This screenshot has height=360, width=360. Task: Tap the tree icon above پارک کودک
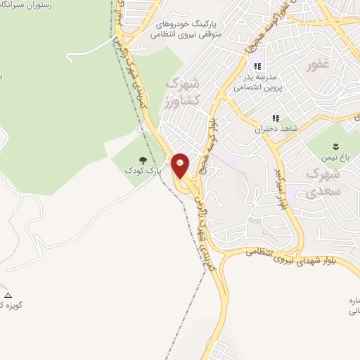pyautogui.click(x=143, y=161)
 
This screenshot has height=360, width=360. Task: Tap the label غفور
pyautogui.click(x=318, y=67)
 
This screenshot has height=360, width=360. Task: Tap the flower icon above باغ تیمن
pyautogui.click(x=335, y=147)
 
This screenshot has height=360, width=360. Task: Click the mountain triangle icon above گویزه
pyautogui.click(x=8, y=295)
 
